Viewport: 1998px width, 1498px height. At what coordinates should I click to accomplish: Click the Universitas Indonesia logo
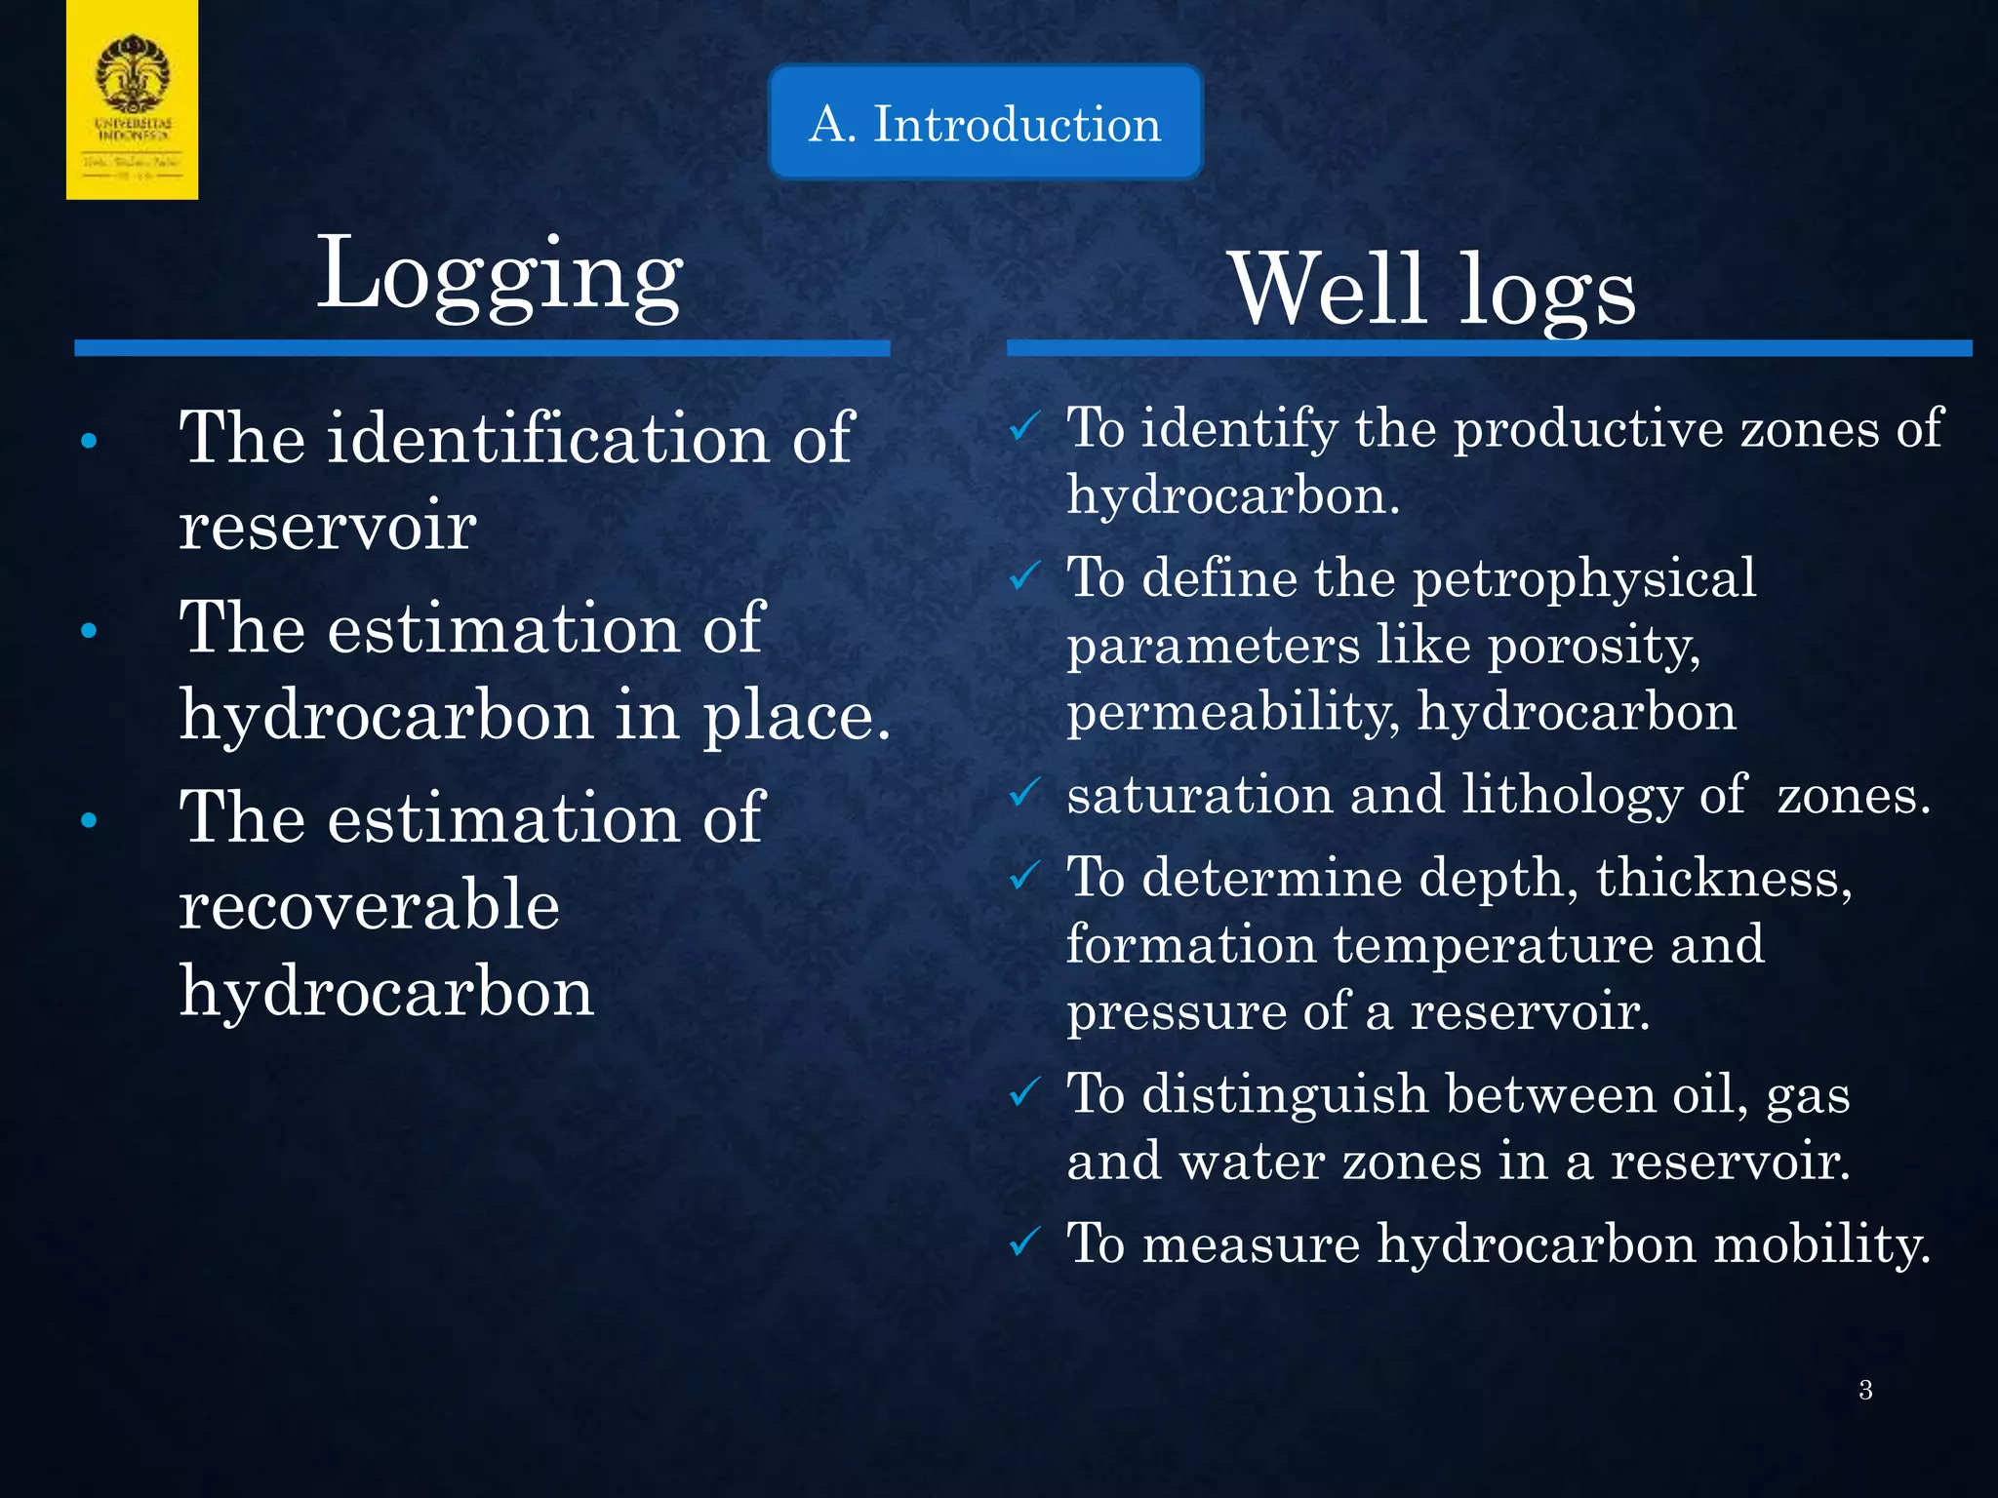tap(133, 99)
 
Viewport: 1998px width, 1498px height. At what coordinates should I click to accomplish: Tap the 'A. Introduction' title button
tap(985, 124)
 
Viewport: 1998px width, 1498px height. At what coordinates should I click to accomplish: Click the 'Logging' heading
tap(499, 275)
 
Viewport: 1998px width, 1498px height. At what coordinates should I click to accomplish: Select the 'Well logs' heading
tap(1432, 290)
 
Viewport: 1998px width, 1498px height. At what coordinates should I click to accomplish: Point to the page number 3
tap(1865, 1390)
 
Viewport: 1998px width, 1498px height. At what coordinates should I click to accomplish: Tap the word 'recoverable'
tap(370, 905)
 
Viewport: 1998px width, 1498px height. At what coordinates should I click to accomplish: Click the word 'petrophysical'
tap(1584, 579)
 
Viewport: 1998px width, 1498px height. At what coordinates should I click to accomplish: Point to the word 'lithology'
tap(1572, 796)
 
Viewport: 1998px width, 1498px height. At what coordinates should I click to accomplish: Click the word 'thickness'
tap(1723, 878)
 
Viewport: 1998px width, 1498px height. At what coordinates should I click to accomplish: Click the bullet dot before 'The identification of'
tap(89, 441)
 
